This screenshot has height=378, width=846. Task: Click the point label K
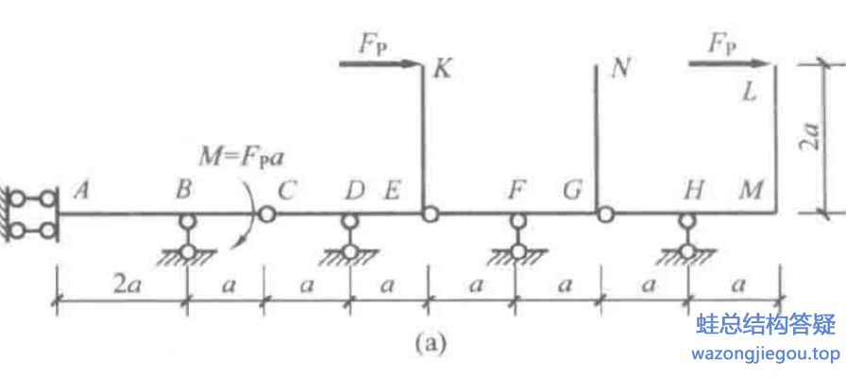pyautogui.click(x=440, y=68)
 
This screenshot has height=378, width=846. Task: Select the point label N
pyautogui.click(x=620, y=69)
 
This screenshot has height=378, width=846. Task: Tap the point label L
pyautogui.click(x=751, y=92)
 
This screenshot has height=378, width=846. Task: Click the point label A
pyautogui.click(x=82, y=191)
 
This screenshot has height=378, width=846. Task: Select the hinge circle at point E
pyautogui.click(x=430, y=215)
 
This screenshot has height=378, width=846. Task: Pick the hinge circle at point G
pyautogui.click(x=603, y=215)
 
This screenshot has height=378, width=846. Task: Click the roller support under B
pyautogui.click(x=189, y=238)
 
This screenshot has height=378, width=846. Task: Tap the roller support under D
pyautogui.click(x=349, y=238)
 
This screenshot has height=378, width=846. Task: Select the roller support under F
pyautogui.click(x=517, y=238)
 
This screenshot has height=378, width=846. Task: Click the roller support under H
pyautogui.click(x=688, y=238)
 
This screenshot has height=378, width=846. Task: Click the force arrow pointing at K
pyautogui.click(x=378, y=64)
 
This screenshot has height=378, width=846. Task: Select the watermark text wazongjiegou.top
pyautogui.click(x=765, y=354)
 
